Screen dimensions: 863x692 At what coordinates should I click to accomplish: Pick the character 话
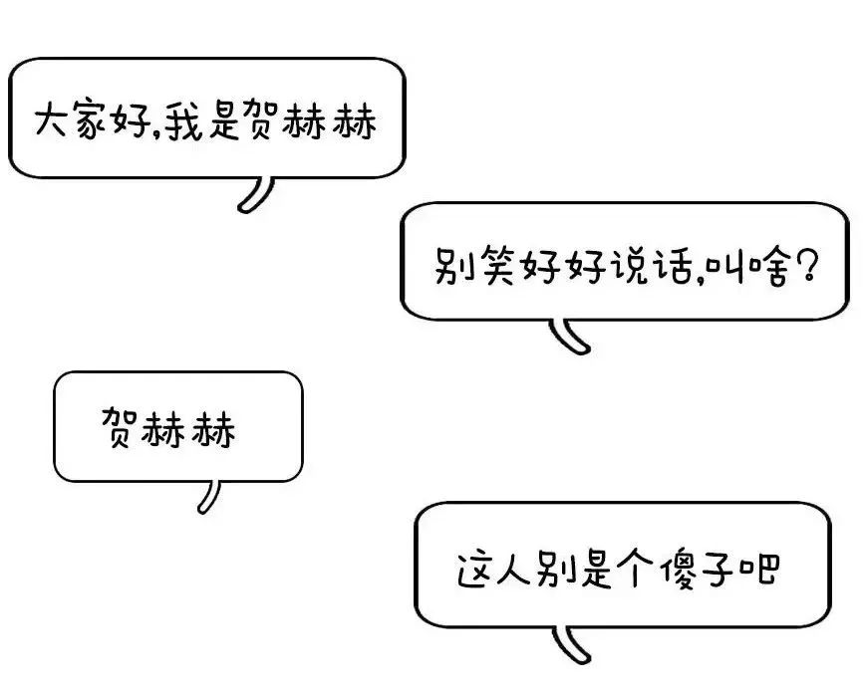[673, 266]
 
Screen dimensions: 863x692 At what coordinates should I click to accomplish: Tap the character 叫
[726, 268]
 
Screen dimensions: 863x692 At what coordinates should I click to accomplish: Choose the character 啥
[769, 267]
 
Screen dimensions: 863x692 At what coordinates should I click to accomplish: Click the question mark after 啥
[806, 265]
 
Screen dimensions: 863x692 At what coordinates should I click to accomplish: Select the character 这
[475, 569]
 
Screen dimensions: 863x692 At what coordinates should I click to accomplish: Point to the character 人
[514, 569]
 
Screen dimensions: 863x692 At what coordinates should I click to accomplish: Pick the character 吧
[760, 570]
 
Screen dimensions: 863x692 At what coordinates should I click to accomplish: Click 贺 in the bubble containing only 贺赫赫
[118, 427]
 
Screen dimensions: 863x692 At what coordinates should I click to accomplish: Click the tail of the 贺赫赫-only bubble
[209, 496]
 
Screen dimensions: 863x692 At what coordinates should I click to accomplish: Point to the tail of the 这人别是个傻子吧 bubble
[571, 643]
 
